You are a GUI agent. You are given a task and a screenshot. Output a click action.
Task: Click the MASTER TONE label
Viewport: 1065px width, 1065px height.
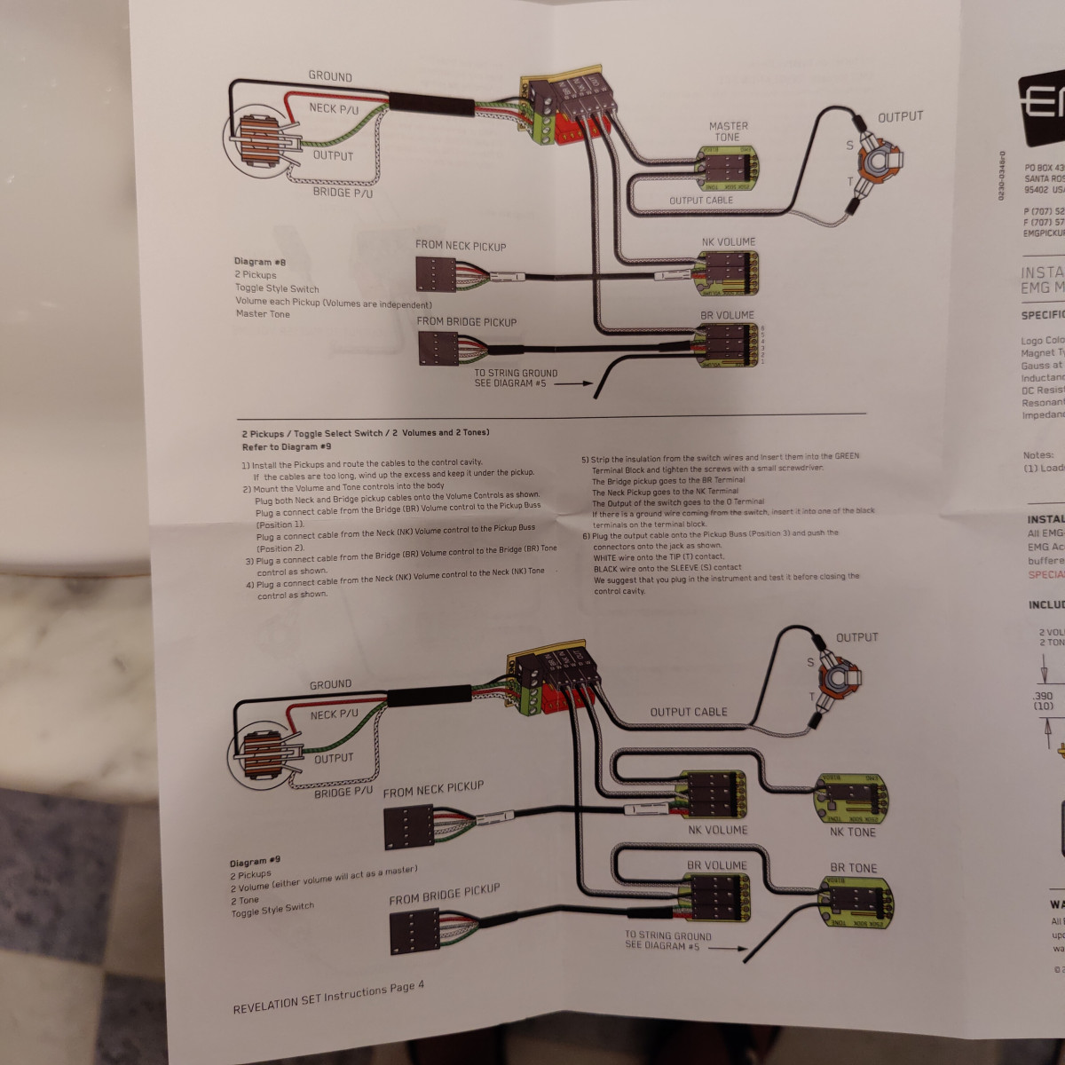(x=728, y=131)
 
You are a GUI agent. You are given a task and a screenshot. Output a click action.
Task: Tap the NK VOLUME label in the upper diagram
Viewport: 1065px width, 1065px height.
(x=728, y=241)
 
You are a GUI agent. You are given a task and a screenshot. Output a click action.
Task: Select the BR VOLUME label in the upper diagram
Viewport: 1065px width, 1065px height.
(x=727, y=315)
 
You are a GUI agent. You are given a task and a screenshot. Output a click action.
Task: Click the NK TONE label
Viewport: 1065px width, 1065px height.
(x=852, y=832)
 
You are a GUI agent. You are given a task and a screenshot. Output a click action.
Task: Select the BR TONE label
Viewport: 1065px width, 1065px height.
(x=853, y=868)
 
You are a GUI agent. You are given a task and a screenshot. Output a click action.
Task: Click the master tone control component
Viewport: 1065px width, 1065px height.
(x=728, y=168)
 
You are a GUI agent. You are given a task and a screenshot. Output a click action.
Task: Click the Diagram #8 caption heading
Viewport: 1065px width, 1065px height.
(x=260, y=262)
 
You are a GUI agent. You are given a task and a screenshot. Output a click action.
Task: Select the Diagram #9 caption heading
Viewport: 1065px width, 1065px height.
(x=255, y=862)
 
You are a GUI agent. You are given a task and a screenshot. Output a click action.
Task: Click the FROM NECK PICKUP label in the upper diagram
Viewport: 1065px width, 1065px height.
(x=461, y=246)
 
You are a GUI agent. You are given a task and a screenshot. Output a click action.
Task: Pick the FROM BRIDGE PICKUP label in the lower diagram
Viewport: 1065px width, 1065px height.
(x=444, y=895)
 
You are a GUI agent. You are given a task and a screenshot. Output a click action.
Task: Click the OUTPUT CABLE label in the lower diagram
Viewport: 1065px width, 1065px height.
(x=688, y=712)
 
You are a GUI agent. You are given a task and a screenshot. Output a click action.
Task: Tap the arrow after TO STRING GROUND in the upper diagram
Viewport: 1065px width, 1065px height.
(x=573, y=384)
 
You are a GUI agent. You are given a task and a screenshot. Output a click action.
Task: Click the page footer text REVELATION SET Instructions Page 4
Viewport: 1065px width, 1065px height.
(x=328, y=998)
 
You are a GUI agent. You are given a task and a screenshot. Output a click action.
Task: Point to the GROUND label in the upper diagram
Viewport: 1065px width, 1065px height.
(x=330, y=76)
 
